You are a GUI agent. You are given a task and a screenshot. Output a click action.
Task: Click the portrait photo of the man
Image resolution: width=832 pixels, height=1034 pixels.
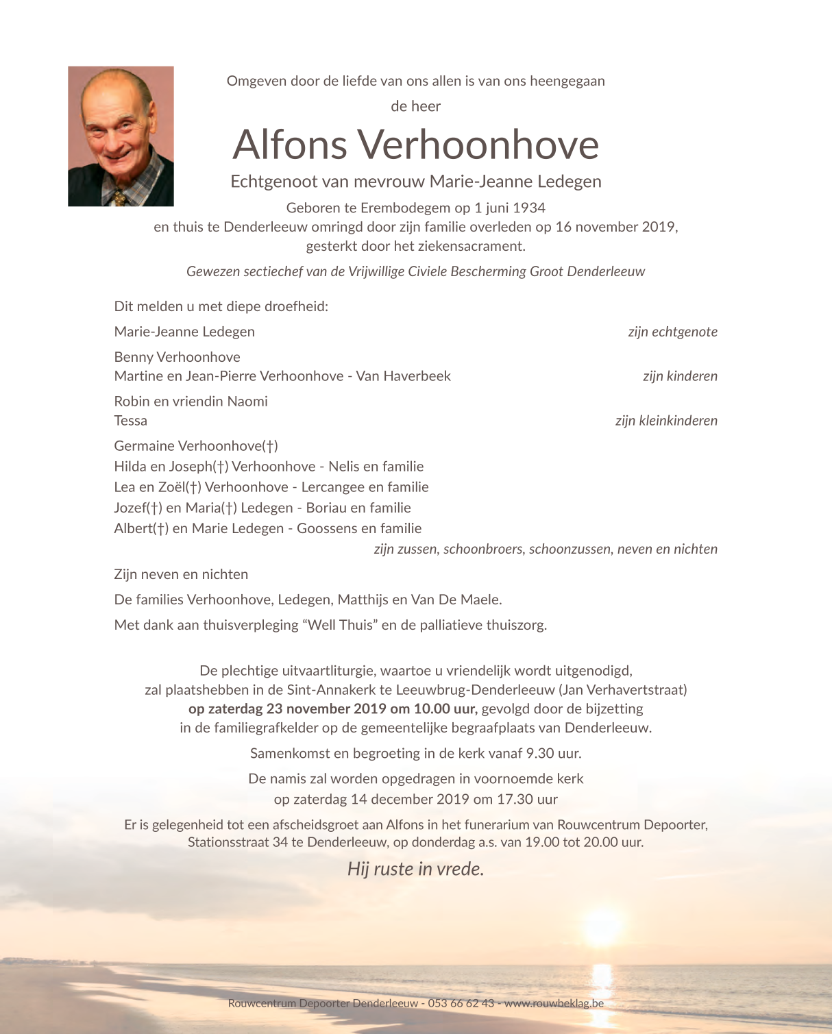pyautogui.click(x=121, y=136)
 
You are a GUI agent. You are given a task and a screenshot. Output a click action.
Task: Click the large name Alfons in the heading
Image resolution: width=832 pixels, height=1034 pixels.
pyautogui.click(x=290, y=145)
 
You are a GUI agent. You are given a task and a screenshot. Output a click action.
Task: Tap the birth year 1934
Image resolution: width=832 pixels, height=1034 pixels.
pyautogui.click(x=528, y=208)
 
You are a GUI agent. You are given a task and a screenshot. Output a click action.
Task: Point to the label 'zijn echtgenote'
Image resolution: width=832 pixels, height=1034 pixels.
pyautogui.click(x=672, y=332)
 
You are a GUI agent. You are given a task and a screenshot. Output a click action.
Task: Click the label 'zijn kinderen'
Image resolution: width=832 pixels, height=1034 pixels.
pyautogui.click(x=680, y=376)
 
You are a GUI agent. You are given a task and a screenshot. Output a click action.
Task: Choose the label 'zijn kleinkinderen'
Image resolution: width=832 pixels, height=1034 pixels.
pyautogui.click(x=666, y=421)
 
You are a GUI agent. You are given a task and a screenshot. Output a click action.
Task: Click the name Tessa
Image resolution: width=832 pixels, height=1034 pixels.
pyautogui.click(x=131, y=421)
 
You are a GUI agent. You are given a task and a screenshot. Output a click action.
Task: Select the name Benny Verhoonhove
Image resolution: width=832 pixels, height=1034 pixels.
pyautogui.click(x=178, y=357)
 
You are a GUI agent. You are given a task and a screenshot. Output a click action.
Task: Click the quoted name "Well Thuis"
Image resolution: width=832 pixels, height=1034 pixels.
pyautogui.click(x=340, y=625)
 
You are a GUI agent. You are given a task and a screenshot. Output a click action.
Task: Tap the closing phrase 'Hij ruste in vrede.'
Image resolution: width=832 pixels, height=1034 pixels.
pyautogui.click(x=416, y=869)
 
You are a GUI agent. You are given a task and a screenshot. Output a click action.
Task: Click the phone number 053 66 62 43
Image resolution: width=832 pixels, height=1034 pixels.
pyautogui.click(x=461, y=1003)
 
